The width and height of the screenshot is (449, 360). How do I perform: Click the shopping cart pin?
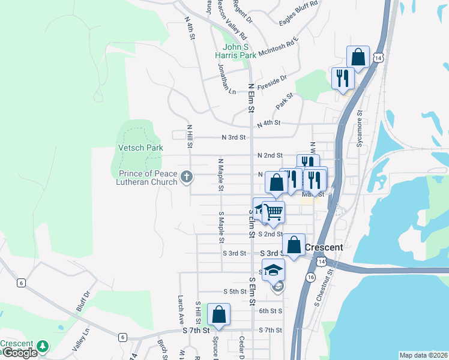point(273,212)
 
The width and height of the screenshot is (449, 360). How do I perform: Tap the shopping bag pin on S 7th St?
point(218,315)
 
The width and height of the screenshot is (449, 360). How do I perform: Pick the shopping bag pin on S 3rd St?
point(294,245)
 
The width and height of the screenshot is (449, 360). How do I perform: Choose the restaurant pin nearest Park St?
point(343,79)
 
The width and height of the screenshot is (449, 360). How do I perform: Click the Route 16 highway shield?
point(310,277)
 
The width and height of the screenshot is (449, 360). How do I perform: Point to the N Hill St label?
point(189,136)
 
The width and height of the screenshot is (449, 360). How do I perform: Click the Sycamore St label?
point(360,120)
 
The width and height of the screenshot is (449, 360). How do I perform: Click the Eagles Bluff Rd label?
point(298,13)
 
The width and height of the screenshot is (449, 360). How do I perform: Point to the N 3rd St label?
point(234,137)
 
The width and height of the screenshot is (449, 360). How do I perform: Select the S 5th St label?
point(235,292)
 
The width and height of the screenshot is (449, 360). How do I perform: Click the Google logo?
point(20,353)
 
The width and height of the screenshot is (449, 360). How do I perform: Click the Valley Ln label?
point(80,339)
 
